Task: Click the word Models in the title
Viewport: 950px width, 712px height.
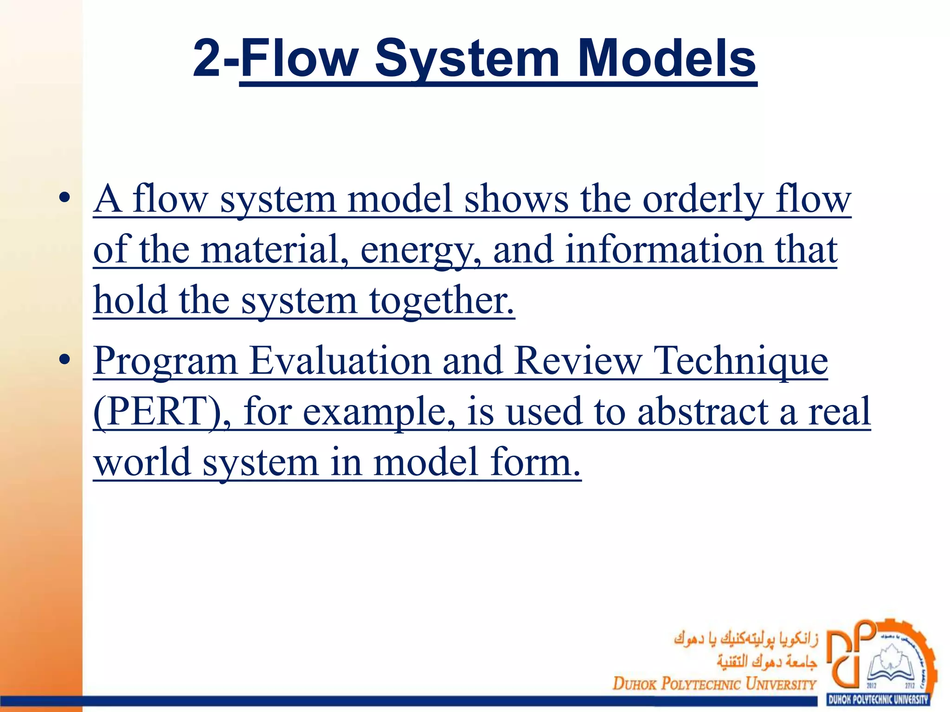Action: tap(667, 59)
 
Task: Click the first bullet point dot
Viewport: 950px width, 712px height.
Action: tap(64, 197)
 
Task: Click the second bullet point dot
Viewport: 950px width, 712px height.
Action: tap(64, 359)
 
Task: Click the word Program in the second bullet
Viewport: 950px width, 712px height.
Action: tap(165, 362)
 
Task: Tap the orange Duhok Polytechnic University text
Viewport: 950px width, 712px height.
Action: tap(714, 684)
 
